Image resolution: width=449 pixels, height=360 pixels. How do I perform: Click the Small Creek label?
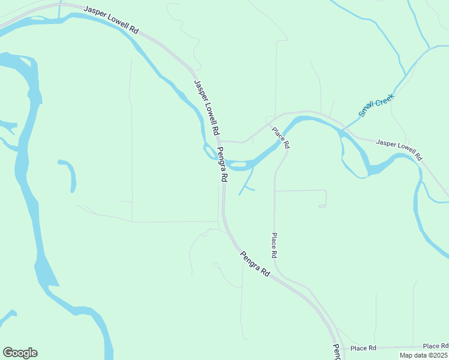[375, 106]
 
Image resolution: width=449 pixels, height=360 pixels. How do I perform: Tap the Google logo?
[20, 353]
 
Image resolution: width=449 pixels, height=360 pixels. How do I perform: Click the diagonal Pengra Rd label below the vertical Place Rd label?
[255, 263]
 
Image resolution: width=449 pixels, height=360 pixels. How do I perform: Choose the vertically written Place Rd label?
[274, 245]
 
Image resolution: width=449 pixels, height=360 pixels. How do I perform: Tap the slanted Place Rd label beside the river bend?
[281, 138]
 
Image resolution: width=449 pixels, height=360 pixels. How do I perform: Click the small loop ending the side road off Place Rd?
[322, 206]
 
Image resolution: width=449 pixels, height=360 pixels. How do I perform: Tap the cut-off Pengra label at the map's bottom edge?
[337, 352]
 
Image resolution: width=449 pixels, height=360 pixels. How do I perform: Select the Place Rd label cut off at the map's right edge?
[436, 346]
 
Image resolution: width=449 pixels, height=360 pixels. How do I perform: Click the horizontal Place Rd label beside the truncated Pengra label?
[363, 349]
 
